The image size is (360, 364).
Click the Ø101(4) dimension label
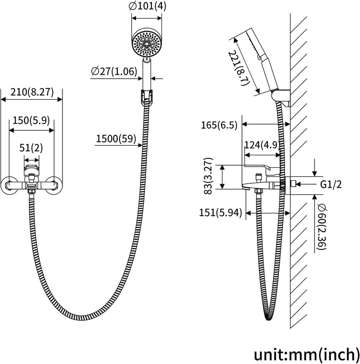click(x=147, y=7)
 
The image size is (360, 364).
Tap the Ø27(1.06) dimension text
click(x=114, y=71)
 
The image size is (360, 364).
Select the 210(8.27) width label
click(x=32, y=92)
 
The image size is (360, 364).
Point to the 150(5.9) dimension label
click(x=31, y=121)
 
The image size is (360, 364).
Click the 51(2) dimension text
click(x=31, y=148)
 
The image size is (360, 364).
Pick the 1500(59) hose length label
click(x=116, y=139)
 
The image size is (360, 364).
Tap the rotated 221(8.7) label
click(x=239, y=69)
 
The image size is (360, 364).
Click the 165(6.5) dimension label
click(x=219, y=125)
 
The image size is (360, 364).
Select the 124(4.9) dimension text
click(x=261, y=145)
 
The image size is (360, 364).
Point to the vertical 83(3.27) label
click(x=208, y=176)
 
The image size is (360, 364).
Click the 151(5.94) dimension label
click(x=220, y=212)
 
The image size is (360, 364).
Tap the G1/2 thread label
click(x=331, y=185)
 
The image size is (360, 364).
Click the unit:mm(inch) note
click(x=306, y=354)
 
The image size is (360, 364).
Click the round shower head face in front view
click(x=146, y=43)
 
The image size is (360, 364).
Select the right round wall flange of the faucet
click(x=54, y=185)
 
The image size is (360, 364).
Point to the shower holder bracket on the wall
click(x=281, y=98)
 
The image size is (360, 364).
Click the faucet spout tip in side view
click(x=245, y=186)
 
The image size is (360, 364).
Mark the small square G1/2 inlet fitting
click(x=293, y=184)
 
